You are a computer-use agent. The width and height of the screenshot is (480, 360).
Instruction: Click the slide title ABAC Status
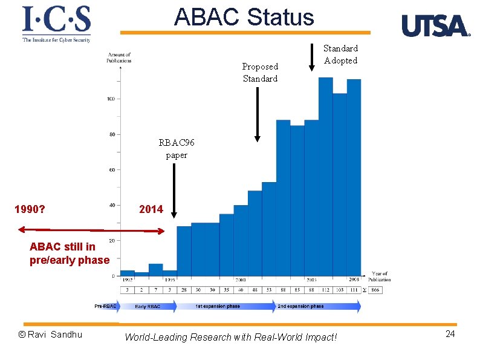[x=244, y=17]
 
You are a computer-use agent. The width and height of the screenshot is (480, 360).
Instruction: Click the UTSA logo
[x=435, y=26]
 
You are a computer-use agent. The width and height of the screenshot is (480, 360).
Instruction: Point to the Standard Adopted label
[x=340, y=54]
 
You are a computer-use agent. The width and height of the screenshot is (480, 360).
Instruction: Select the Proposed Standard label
[x=260, y=73]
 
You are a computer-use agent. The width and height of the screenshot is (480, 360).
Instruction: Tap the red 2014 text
[x=151, y=209]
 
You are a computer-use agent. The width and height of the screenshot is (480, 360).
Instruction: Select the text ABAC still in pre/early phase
[x=69, y=254]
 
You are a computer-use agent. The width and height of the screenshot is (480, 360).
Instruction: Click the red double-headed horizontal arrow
[x=91, y=230]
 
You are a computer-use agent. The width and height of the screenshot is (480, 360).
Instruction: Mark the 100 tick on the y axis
[x=112, y=99]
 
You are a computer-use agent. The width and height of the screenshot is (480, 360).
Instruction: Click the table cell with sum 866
[x=374, y=290]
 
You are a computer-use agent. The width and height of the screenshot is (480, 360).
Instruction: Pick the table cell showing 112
[x=326, y=290]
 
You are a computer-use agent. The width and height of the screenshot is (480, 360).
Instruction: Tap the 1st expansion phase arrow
[x=224, y=307]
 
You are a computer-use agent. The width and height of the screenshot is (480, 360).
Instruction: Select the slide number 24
[x=450, y=335]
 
